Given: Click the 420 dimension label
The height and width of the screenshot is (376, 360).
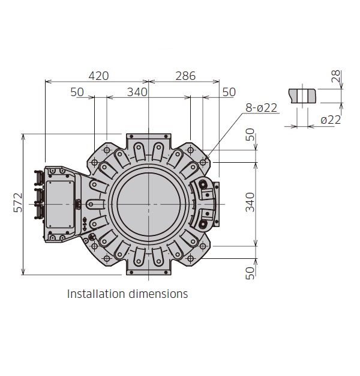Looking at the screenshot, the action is (x=98, y=76).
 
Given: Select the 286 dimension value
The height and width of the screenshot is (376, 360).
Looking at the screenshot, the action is (x=185, y=76).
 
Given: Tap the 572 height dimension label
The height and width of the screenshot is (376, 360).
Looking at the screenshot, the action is (x=18, y=202).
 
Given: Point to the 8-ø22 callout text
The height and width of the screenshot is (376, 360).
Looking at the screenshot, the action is (x=262, y=108).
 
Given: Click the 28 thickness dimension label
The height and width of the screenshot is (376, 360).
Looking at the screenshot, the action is (x=336, y=76).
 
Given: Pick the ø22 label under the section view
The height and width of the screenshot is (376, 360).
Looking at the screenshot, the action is (x=331, y=120).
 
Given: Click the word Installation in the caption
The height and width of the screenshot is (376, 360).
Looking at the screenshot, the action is (x=96, y=294).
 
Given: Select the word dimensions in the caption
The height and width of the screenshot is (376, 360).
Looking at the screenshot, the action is (x=158, y=294).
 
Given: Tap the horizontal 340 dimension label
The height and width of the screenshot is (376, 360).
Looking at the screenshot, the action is (x=137, y=92).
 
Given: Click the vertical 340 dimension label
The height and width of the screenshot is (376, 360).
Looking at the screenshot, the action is (x=250, y=202).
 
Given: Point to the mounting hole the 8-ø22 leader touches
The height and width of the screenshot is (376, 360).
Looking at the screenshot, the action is (x=203, y=162).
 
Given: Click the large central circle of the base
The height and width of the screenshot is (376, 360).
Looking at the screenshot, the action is (x=149, y=204).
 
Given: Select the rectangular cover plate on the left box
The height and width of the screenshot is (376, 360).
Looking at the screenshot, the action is (x=59, y=204).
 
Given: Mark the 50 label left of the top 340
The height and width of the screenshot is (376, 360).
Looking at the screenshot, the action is (x=77, y=92).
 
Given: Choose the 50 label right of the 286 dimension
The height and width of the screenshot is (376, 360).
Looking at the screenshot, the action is (x=229, y=92).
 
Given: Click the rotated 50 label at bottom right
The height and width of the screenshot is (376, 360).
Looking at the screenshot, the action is (x=250, y=273).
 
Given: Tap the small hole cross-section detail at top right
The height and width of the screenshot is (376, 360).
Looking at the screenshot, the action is (x=302, y=96).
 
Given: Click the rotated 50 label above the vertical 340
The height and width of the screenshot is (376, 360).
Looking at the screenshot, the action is (x=250, y=135).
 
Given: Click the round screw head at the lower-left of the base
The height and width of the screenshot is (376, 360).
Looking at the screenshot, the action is (x=92, y=237).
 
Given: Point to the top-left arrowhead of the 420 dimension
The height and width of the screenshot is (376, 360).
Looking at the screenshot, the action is (x=46, y=82).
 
